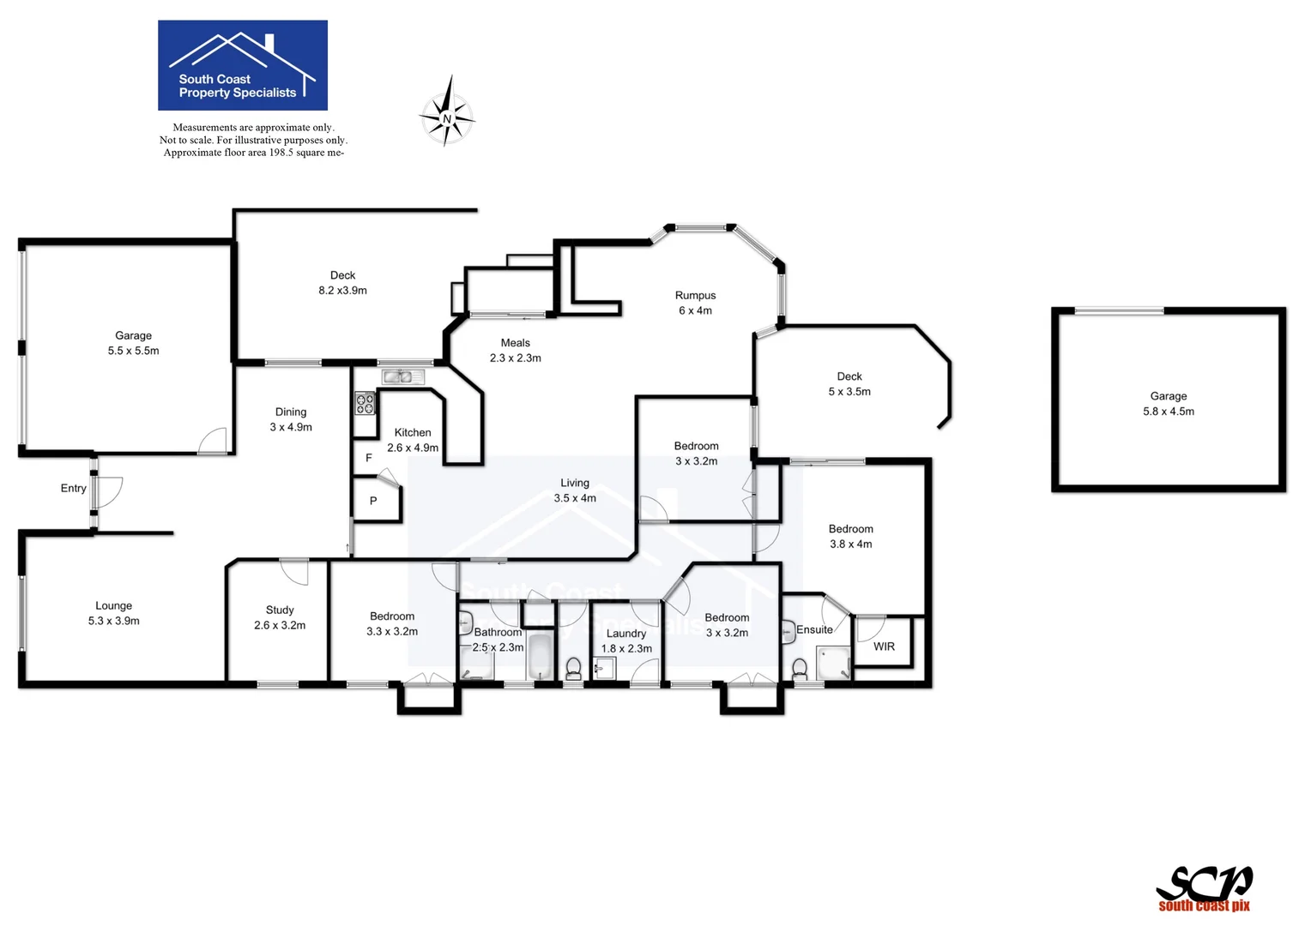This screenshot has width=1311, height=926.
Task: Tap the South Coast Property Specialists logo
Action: tap(243, 65)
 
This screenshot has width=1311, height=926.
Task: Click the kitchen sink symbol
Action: tap(402, 376)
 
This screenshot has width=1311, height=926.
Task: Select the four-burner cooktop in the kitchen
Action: tap(365, 403)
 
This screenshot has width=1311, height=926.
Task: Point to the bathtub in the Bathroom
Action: tap(541, 657)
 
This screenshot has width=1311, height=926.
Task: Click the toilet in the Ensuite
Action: tap(800, 668)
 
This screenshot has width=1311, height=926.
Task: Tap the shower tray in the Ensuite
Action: tap(832, 663)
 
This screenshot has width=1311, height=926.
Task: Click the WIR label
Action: tap(884, 646)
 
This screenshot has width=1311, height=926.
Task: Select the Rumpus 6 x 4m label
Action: tap(695, 303)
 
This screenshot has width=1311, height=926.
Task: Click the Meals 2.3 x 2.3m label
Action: tap(515, 351)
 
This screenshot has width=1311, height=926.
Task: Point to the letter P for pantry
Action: tap(373, 501)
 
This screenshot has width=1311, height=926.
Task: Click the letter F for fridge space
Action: tap(369, 458)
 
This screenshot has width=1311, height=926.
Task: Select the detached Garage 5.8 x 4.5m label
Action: tap(1168, 404)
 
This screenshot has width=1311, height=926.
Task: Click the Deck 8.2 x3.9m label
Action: tap(342, 283)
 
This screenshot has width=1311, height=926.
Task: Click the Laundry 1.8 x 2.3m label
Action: tap(626, 640)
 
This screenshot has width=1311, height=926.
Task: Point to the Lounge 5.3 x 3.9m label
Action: tap(113, 613)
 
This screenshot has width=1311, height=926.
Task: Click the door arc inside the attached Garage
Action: tap(213, 441)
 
